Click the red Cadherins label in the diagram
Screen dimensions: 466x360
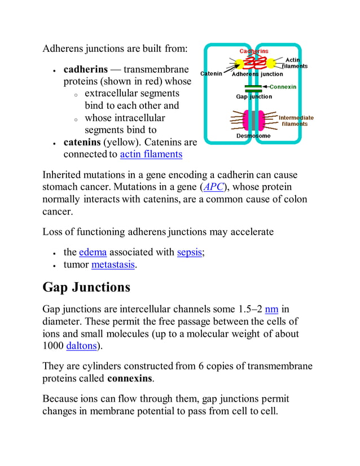(253, 51)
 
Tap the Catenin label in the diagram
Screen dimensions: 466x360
(211, 73)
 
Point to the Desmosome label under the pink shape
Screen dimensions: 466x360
(253, 136)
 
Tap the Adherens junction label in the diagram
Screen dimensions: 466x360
(257, 74)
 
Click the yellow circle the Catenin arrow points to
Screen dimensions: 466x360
(238, 63)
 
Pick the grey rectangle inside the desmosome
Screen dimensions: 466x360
(253, 120)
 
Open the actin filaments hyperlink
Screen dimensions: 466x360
(151, 154)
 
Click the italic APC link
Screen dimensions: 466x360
(214, 187)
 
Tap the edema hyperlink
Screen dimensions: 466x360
(93, 252)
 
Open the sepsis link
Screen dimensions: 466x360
(189, 252)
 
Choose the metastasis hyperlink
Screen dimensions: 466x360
(113, 265)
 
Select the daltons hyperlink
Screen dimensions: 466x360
(82, 346)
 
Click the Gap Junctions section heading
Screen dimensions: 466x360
(86, 287)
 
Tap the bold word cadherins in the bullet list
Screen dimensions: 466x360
(85, 70)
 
